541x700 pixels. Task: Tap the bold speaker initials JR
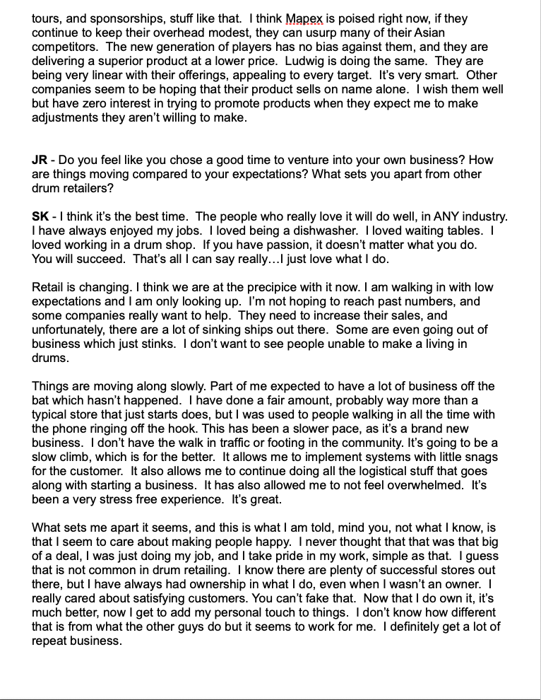[x=40, y=160]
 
